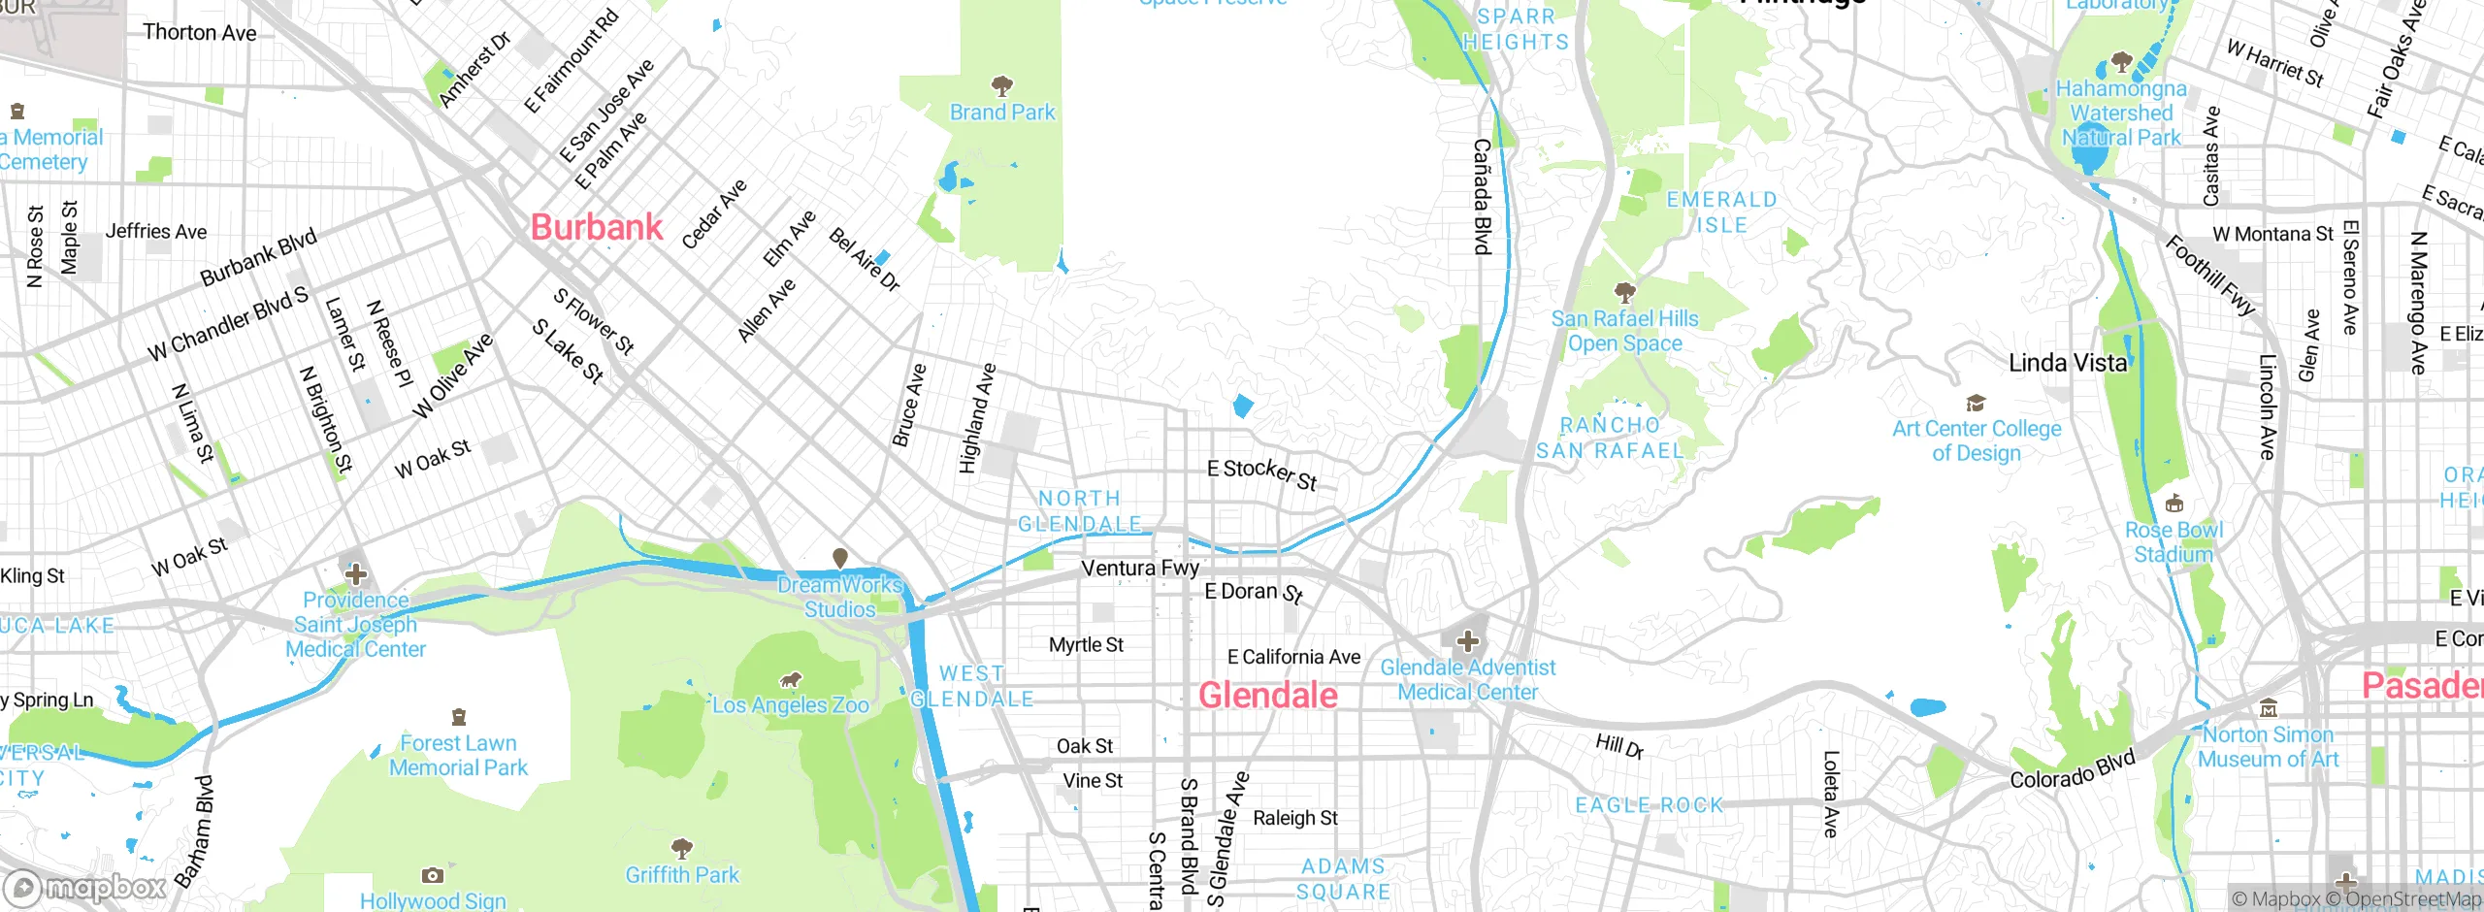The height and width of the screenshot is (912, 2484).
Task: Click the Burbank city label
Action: tap(597, 228)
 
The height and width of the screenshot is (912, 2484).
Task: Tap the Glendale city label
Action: tap(1267, 696)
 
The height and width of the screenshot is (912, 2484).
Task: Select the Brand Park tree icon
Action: tap(1002, 85)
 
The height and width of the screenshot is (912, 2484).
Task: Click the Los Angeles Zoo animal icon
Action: tap(791, 680)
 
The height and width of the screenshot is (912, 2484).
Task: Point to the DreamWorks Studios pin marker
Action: tap(840, 558)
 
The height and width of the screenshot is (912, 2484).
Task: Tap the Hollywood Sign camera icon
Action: tap(433, 875)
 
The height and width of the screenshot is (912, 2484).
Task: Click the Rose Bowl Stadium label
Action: tap(2173, 542)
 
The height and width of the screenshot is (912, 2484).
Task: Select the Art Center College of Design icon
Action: tap(1976, 403)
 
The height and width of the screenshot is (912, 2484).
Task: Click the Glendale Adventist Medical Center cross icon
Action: tap(1468, 641)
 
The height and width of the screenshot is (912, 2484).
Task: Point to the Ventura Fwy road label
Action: tap(1140, 568)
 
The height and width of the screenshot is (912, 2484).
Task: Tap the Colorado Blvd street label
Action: tap(2073, 769)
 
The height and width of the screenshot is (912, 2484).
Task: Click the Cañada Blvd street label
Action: tap(1482, 197)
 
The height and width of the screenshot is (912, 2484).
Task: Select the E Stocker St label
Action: tap(1261, 474)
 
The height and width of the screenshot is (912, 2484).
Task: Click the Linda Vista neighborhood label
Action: tap(2068, 364)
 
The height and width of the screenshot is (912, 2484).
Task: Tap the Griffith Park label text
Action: tap(682, 875)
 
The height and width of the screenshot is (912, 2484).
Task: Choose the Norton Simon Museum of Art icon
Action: tap(2268, 708)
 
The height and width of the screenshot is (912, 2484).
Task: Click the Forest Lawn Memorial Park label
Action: tap(458, 756)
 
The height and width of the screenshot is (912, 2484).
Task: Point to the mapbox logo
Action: tap(85, 888)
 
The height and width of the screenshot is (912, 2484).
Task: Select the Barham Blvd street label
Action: tap(194, 832)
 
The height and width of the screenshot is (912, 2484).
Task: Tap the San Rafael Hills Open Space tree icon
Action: tap(1625, 292)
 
